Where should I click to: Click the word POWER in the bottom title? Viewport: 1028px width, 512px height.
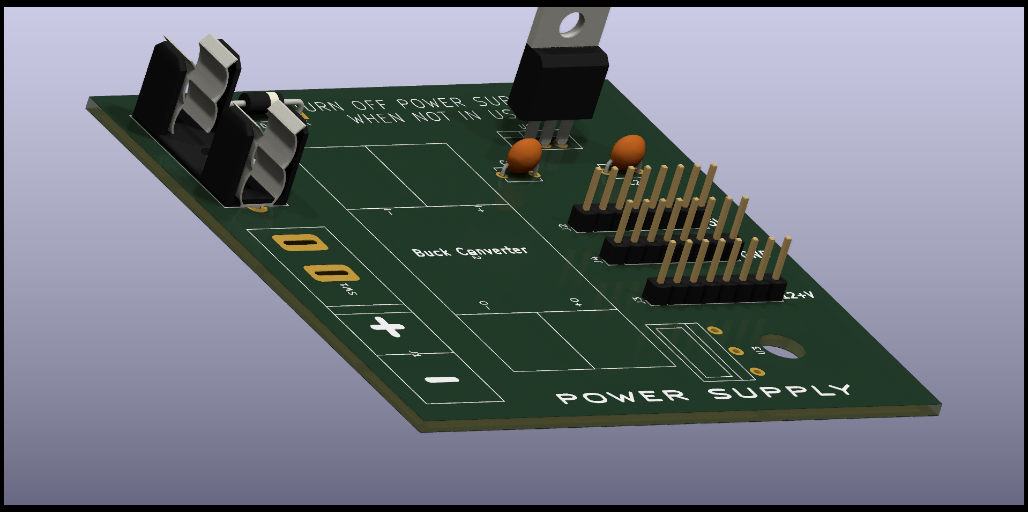point(622,397)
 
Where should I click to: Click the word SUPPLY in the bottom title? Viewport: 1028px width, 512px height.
point(780,392)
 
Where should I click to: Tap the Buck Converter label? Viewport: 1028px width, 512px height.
point(470,251)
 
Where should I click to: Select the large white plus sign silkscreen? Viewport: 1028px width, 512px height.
point(388,326)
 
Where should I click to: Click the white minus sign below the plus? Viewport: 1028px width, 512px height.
point(442,380)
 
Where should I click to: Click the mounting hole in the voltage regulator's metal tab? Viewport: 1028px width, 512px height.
point(572,24)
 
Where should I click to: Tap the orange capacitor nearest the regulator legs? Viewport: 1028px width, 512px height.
point(524,155)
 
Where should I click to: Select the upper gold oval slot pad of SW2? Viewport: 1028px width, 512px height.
point(300,243)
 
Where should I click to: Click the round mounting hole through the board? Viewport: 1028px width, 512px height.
point(782,347)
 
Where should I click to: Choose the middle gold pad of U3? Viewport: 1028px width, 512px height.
point(736,351)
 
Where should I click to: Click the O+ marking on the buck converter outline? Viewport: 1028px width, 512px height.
point(575,303)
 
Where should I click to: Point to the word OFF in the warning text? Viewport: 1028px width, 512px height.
point(369,105)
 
